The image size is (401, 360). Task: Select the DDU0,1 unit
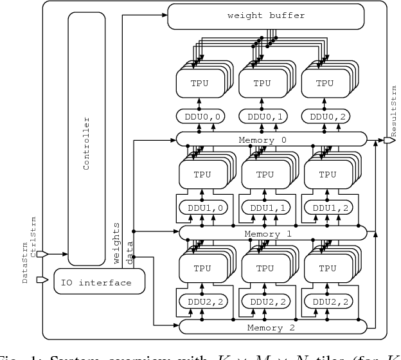click(262, 117)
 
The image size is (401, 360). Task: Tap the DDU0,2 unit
click(325, 117)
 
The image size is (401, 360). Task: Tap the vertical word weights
click(117, 242)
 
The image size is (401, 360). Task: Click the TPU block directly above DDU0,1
click(262, 83)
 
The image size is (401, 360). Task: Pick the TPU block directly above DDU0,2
click(325, 83)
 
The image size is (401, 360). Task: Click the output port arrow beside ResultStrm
click(389, 139)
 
